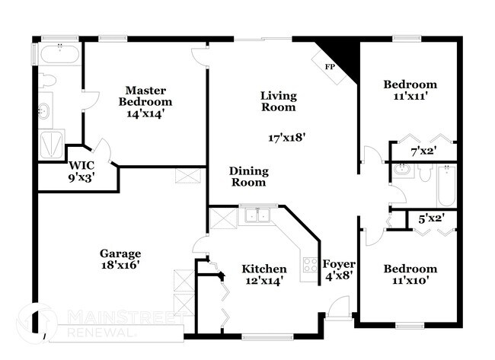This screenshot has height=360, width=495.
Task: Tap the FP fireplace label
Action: [330, 67]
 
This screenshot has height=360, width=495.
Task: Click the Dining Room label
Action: [247, 177]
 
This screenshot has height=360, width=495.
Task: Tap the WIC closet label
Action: [81, 165]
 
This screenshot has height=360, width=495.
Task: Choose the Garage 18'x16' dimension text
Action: [119, 266]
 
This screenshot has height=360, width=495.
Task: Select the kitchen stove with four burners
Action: [311, 265]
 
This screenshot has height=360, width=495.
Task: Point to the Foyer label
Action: [338, 264]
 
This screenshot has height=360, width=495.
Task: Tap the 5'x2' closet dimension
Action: [432, 219]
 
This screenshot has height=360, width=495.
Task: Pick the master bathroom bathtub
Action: [58, 55]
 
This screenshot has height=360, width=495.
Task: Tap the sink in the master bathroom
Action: [43, 112]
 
